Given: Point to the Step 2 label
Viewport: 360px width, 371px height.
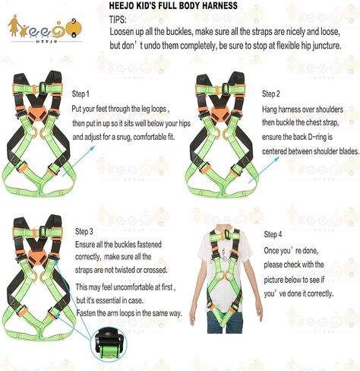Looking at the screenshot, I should [271, 94].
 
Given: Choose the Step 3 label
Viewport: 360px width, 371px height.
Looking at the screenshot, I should [85, 230].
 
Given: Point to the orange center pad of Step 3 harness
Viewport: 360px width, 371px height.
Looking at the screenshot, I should [33, 258].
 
